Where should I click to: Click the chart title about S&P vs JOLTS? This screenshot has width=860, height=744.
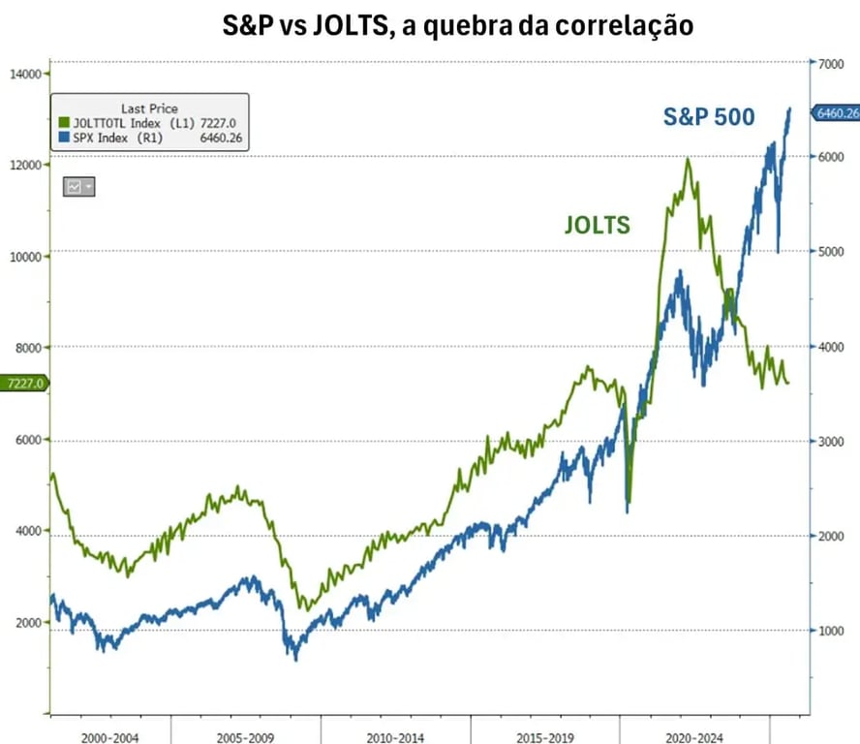pos(458,25)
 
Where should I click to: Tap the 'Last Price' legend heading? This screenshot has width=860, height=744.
pos(149,108)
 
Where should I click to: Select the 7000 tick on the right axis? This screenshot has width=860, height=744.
pos(831,64)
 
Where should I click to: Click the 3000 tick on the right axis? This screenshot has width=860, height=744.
pos(831,442)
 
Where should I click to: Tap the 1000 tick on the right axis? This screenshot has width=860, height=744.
pos(831,632)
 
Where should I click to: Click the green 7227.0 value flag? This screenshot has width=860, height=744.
pos(22,384)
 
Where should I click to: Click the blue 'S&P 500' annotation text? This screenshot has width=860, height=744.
pos(709,117)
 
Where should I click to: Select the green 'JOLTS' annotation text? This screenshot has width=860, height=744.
pos(598,226)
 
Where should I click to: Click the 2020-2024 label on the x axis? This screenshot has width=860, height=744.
pos(695,735)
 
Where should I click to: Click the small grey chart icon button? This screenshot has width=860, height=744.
pos(78,186)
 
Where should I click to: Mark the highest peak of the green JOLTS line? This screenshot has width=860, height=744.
pos(688,159)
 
